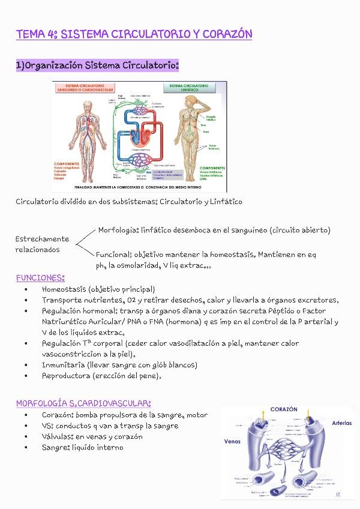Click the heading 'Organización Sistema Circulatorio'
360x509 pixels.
(x=101, y=65)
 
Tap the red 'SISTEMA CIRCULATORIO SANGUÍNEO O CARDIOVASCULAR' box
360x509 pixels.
(x=85, y=88)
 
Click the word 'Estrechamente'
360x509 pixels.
(x=42, y=239)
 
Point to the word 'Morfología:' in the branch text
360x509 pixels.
(x=118, y=230)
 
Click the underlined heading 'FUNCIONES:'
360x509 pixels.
(x=40, y=278)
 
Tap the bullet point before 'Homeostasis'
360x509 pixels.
(x=26, y=289)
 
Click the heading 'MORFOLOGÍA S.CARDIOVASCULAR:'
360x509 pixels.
(x=83, y=403)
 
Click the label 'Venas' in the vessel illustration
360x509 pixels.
(x=232, y=441)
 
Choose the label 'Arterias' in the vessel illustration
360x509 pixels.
(x=341, y=423)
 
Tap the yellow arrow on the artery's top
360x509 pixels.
(x=262, y=416)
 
